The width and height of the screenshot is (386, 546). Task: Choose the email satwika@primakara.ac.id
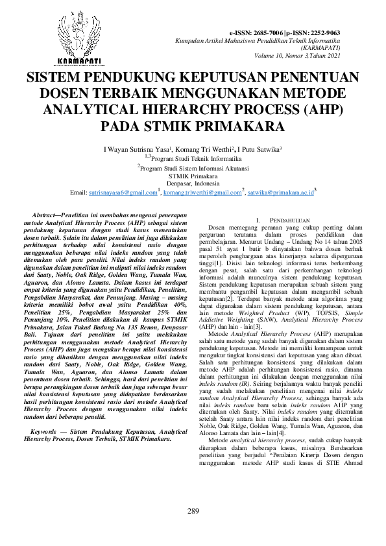click(280, 193)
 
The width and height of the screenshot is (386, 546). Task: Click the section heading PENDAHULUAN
click(289, 222)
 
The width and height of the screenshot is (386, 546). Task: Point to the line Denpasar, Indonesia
click(193, 184)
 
